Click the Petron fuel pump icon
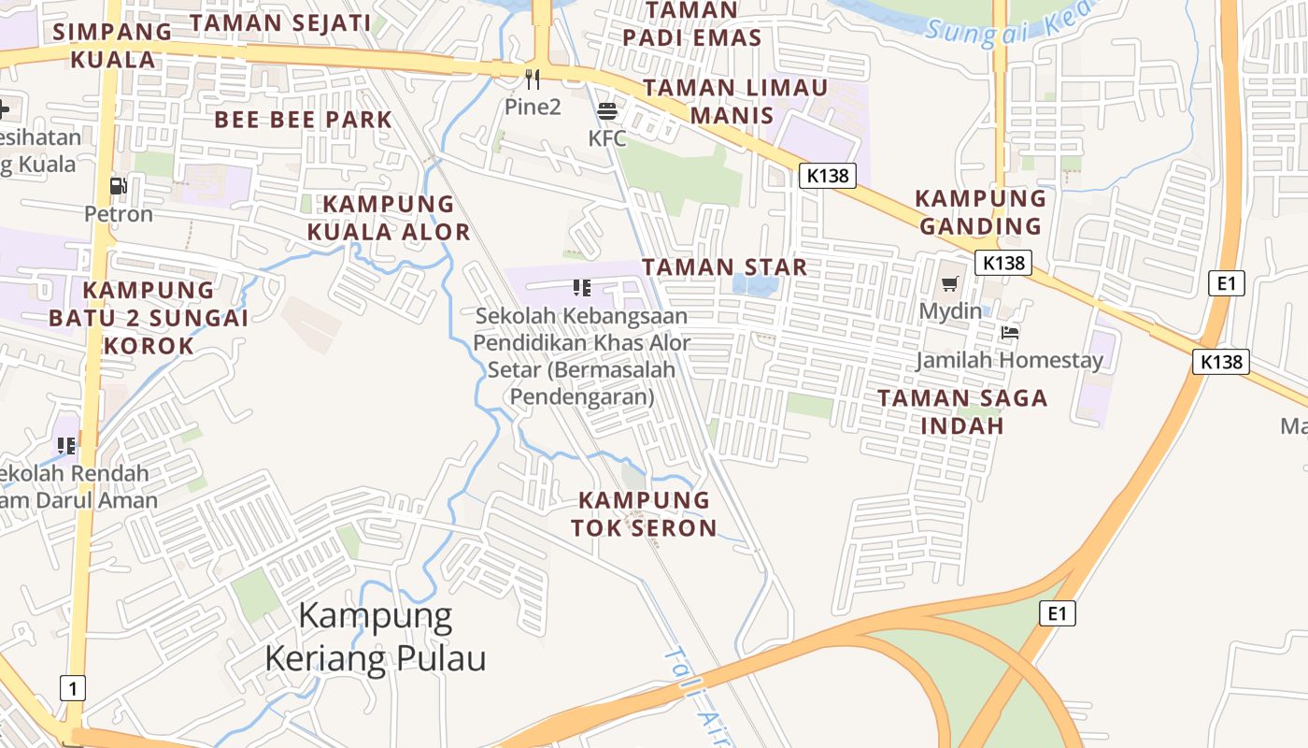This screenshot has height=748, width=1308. pos(118,186)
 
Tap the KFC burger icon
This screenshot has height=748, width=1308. pos(607,111)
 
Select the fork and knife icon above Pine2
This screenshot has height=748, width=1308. pos(533,79)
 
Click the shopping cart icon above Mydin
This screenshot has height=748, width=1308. pos(950,283)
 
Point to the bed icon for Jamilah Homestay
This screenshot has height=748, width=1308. pos(1009,332)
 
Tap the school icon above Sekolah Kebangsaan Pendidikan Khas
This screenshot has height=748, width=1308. pos(582,287)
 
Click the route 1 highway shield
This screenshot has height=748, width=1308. pos(73,689)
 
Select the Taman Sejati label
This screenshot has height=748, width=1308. pos(280,22)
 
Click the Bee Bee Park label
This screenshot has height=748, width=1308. pos(303,120)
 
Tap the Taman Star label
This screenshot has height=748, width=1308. pos(724,267)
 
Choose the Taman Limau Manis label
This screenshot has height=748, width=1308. pos(735,102)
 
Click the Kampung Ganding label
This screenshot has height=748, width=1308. pos(980,212)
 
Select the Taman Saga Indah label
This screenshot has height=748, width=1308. pos(962,411)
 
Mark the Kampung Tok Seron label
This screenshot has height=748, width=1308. pos(644,514)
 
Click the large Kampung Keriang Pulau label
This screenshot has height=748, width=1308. pos(376,638)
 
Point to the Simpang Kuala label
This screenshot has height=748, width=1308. pos(113,45)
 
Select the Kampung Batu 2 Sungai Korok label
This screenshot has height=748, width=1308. pos(149,318)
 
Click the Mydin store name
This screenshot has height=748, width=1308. pos(950,311)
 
